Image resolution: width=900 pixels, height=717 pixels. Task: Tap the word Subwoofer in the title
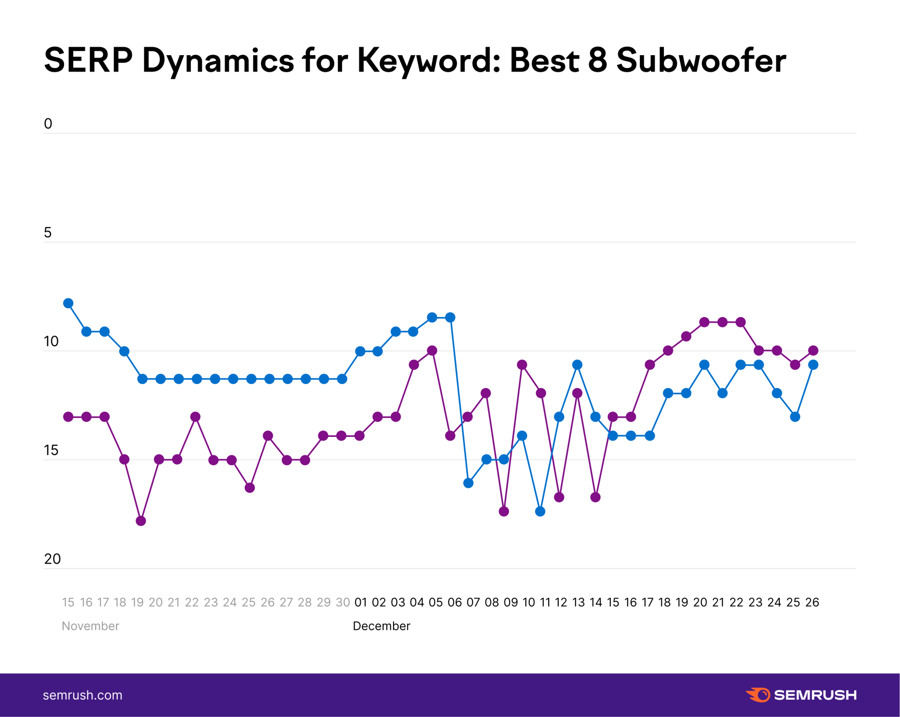tap(701, 61)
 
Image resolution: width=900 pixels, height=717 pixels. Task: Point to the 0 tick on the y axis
tap(48, 124)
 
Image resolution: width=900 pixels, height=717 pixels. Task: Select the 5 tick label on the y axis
tap(48, 232)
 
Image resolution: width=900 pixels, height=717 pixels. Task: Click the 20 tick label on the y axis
tap(52, 559)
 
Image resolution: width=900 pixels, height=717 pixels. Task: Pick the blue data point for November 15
tap(68, 303)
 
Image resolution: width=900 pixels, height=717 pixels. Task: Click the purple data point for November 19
tap(141, 521)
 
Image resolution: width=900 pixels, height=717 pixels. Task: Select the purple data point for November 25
tap(250, 488)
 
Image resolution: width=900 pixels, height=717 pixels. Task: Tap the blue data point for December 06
tap(450, 318)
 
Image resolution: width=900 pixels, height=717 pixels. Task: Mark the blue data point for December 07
tap(468, 483)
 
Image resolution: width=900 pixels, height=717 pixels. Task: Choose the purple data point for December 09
tap(504, 511)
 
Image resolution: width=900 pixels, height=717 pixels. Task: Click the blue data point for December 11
tap(540, 511)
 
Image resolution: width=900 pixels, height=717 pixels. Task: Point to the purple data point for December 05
tap(432, 350)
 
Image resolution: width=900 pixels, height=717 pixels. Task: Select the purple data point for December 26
tap(813, 350)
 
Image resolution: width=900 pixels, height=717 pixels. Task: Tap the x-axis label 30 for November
tap(343, 603)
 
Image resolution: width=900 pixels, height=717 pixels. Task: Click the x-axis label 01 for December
tap(360, 603)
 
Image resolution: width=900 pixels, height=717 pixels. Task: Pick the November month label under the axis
tap(90, 626)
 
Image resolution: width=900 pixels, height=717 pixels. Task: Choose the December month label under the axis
tap(381, 626)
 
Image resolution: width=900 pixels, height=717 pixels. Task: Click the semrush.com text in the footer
tap(82, 695)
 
